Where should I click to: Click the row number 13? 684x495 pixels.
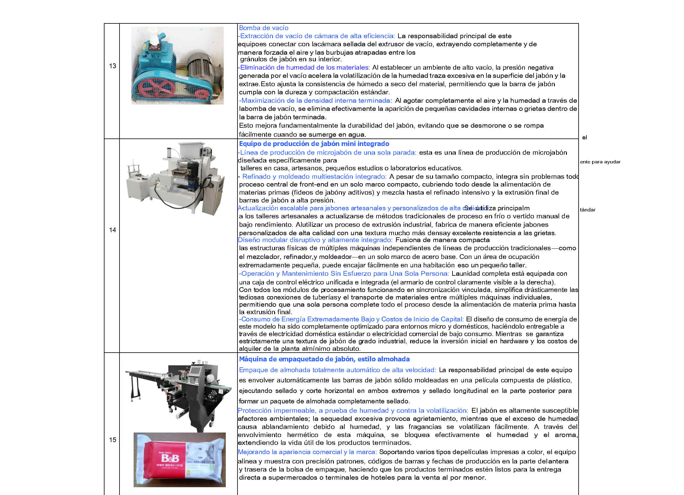(x=113, y=66)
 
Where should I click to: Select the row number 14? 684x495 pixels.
(x=113, y=230)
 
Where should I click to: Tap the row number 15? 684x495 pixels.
(x=113, y=440)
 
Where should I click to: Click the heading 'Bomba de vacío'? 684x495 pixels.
(x=264, y=28)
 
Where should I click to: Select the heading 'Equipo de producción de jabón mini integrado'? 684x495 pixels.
(x=314, y=144)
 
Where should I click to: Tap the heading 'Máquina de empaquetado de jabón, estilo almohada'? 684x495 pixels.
(x=324, y=359)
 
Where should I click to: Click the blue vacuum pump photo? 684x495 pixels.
(x=177, y=66)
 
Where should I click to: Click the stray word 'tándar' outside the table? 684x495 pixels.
(x=588, y=210)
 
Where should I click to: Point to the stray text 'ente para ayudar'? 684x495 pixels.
(x=600, y=162)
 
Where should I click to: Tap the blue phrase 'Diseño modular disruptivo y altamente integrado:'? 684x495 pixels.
(x=315, y=240)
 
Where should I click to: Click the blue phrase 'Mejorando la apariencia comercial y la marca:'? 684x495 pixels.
(x=307, y=452)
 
